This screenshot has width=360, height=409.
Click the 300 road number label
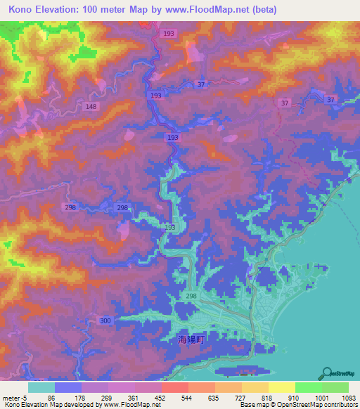105,320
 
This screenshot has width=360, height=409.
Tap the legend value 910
295,397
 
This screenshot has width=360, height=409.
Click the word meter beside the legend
12,397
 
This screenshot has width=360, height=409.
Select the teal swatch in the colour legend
41,387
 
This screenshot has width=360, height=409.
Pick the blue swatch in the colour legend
68,387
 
